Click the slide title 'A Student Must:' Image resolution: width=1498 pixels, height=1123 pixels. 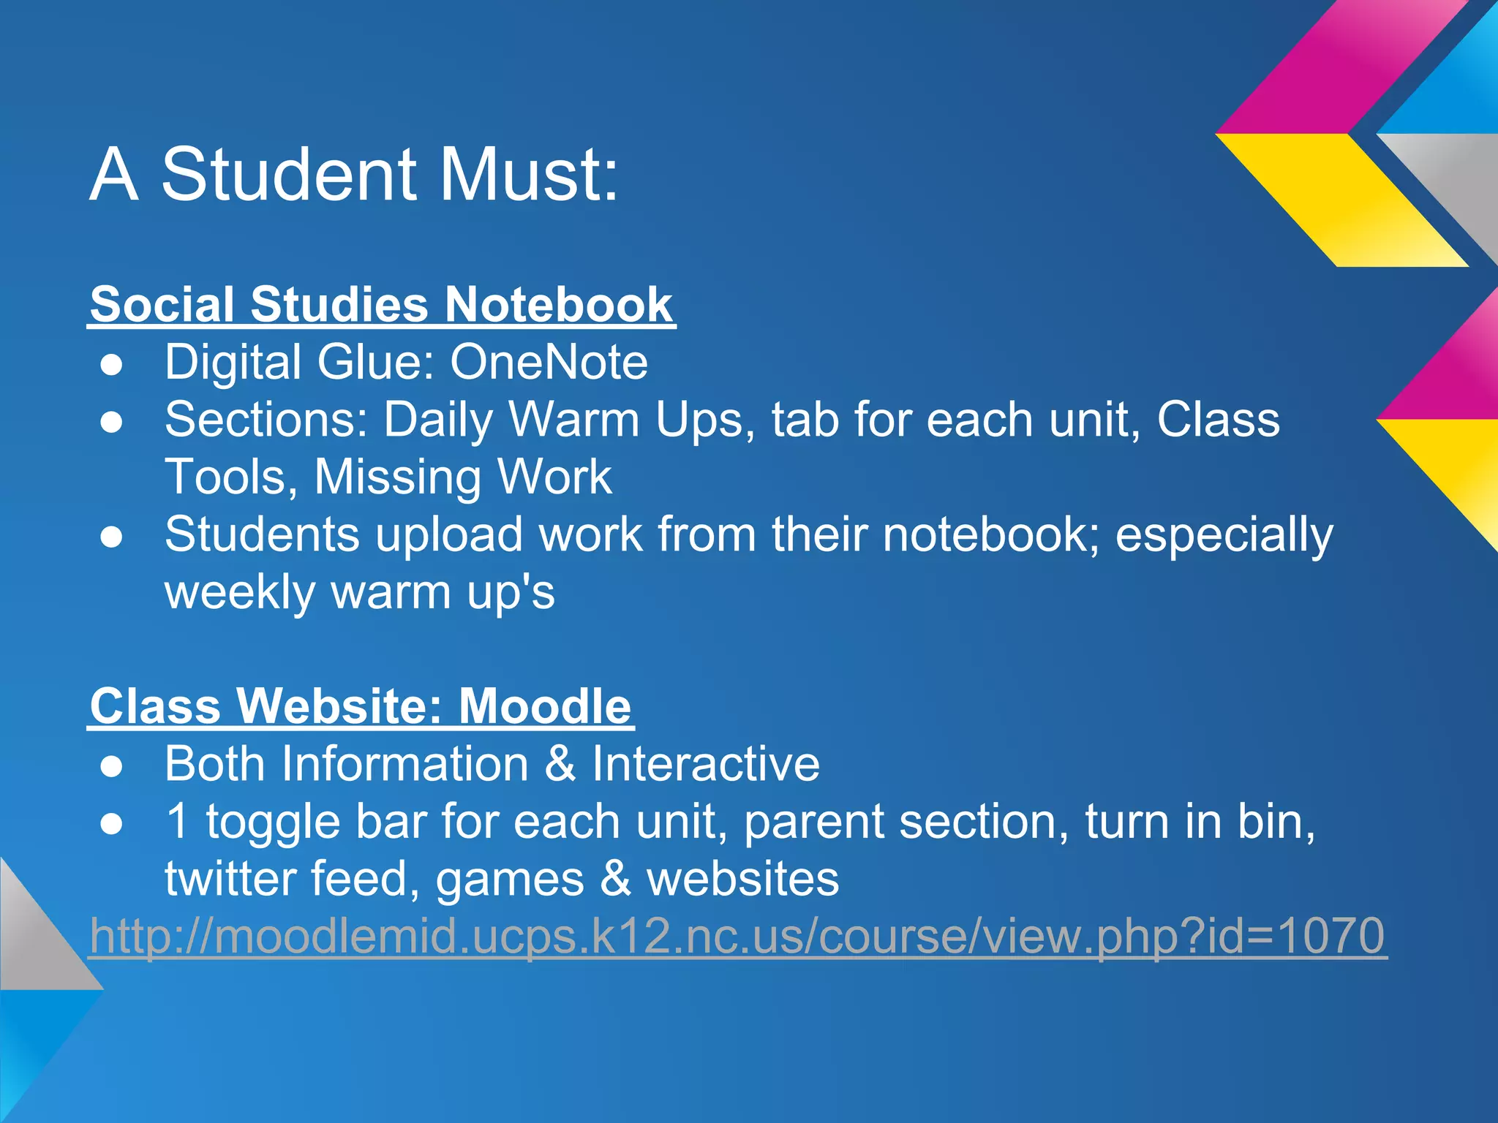(354, 175)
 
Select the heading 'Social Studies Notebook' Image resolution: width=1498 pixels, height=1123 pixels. (381, 304)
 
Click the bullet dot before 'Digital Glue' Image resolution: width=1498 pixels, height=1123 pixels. (112, 364)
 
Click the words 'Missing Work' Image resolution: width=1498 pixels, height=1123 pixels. (463, 477)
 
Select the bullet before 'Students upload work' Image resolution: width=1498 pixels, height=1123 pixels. (112, 537)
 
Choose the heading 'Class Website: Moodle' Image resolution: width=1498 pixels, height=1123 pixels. (361, 706)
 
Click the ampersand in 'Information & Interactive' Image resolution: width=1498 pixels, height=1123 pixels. (560, 764)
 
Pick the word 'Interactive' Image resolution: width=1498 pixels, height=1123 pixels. (706, 764)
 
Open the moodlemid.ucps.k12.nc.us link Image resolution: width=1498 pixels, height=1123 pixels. (737, 936)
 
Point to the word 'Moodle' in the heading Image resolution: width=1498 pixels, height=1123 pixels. (545, 706)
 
